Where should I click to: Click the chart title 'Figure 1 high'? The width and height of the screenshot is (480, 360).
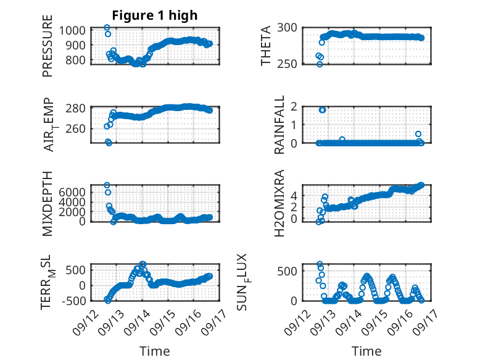(155, 15)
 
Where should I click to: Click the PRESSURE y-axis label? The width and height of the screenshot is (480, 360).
(48, 46)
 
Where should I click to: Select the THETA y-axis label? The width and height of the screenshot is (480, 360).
(266, 46)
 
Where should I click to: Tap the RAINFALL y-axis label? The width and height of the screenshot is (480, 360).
(279, 125)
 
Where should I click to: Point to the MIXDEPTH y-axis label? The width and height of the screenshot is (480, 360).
(48, 204)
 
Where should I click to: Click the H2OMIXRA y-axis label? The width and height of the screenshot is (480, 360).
(279, 203)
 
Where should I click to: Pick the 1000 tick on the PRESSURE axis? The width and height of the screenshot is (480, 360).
(72, 31)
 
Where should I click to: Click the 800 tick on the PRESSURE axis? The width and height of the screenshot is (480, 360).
(76, 60)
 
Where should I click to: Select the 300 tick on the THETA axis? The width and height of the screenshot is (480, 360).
(287, 28)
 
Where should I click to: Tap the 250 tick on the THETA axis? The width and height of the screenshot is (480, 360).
(287, 64)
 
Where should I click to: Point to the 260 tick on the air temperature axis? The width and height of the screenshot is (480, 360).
(76, 128)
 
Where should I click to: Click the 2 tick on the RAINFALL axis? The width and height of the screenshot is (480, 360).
(294, 107)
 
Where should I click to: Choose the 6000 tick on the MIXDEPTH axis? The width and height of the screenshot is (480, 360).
(72, 193)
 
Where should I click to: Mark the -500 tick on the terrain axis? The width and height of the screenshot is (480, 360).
(74, 301)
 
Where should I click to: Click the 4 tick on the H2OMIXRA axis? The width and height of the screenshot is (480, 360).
(294, 195)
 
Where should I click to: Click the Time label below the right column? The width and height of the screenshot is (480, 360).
(366, 351)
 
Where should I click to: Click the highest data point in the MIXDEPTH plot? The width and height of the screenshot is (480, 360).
(107, 185)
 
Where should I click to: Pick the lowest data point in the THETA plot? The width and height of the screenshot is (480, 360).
(320, 64)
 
